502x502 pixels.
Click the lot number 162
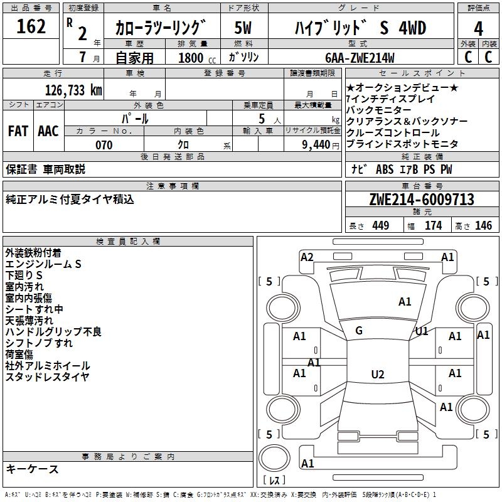[x=31, y=27]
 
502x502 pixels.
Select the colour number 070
[x=104, y=145]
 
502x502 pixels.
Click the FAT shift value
[x=18, y=131]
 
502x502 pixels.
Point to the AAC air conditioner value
[x=48, y=131]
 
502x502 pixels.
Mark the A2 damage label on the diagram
[x=307, y=257]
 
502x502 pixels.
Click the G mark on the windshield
[x=359, y=330]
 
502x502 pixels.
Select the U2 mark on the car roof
[x=377, y=375]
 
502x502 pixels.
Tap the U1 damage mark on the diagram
[x=421, y=331]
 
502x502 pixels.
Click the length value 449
[x=380, y=225]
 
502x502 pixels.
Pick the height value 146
[x=483, y=225]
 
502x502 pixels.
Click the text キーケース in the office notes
[x=32, y=469]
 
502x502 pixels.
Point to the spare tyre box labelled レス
[x=275, y=481]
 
